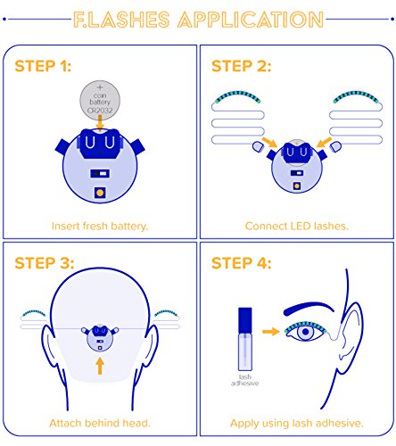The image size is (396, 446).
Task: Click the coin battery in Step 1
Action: [100, 100]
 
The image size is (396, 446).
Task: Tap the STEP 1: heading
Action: [43, 66]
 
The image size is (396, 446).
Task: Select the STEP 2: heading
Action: [241, 66]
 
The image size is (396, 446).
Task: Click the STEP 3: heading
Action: [45, 263]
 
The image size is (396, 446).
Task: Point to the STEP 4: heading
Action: [242, 263]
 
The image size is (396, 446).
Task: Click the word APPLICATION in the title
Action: [251, 20]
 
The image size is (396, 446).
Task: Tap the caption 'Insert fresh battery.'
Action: [100, 227]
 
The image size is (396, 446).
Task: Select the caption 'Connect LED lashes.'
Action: [296, 227]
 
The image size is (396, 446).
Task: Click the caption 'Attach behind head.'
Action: [100, 423]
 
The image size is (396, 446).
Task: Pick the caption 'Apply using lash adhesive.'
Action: [297, 423]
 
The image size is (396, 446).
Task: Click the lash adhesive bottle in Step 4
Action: [245, 339]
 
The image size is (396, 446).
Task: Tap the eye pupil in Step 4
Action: [305, 332]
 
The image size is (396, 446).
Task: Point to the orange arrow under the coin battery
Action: [100, 123]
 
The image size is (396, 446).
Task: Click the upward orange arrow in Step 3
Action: [100, 366]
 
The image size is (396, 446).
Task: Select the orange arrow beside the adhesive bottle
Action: [271, 331]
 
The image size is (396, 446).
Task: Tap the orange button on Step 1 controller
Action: [100, 193]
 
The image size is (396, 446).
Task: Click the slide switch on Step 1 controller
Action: [100, 173]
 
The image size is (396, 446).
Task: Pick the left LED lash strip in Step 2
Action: [238, 97]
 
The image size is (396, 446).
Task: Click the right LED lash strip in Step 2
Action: [356, 97]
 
